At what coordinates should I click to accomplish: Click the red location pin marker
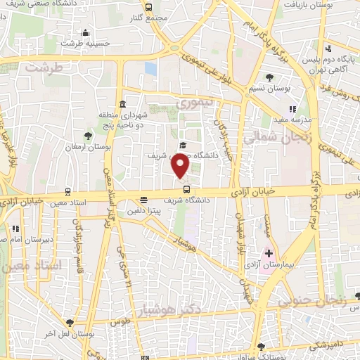181,166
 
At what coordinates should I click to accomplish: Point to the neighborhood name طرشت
44,67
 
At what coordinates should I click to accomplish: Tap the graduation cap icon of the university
183,145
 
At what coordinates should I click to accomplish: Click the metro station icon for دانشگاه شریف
186,188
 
